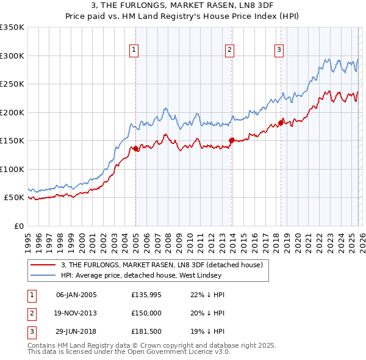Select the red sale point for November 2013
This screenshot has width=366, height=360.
231,140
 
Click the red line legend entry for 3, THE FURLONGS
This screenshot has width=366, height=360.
162,265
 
